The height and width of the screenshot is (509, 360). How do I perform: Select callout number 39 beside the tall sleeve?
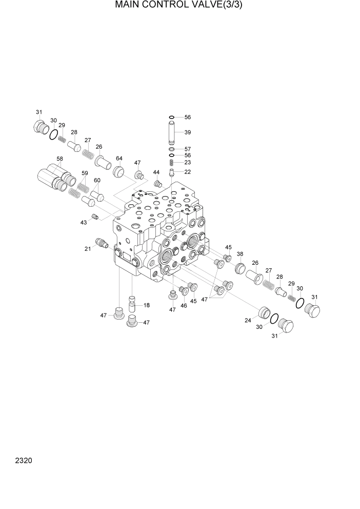pos(188,132)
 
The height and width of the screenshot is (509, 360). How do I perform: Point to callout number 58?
pos(60,160)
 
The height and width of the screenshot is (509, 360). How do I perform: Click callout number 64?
pos(119,158)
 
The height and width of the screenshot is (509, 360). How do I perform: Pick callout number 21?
pos(88,249)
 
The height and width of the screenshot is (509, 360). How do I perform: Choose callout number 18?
pos(147,305)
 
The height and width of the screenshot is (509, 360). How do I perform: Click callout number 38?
pos(239,254)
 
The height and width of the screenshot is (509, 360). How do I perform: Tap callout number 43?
pos(83,222)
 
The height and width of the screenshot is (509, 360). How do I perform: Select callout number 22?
pos(188,171)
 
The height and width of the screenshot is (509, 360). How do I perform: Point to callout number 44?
pos(156,172)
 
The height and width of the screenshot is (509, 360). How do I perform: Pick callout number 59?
pos(85,173)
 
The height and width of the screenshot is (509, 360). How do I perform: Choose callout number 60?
pos(97,181)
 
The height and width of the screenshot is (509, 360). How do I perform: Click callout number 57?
pos(188,149)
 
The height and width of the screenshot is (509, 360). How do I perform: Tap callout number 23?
pos(188,162)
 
